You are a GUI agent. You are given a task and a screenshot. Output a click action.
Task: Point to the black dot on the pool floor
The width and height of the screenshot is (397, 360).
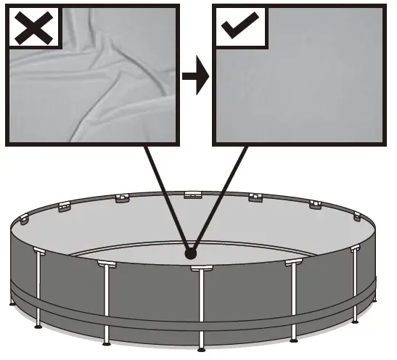191,254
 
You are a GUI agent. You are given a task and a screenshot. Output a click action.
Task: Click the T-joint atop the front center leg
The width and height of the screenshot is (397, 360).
199,269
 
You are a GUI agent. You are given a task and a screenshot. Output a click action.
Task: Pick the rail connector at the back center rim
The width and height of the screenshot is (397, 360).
193,195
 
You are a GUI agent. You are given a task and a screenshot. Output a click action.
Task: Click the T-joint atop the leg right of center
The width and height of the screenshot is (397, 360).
293,262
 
